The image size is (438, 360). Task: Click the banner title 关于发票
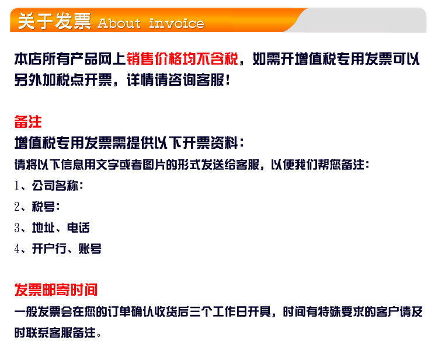coord(54,21)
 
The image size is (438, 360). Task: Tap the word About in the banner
coord(119,23)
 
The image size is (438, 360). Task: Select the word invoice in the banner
coord(176,23)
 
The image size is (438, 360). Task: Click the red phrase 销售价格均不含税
coord(182,59)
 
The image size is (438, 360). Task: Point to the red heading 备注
coord(28,122)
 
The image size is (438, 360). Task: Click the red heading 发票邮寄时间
coord(56,289)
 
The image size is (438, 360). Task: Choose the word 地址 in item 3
coord(43,228)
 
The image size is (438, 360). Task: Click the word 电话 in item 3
coord(78,228)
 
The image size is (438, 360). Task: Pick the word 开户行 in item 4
coord(49,249)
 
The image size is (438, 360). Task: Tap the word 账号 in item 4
coord(90,249)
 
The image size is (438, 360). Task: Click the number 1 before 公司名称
coord(17,186)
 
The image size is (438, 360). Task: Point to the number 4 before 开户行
coord(17,249)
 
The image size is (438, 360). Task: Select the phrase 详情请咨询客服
coord(175,80)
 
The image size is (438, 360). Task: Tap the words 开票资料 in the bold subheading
coord(210,142)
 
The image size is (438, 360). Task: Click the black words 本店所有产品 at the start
coord(49,59)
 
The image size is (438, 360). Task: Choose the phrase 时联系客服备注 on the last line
coord(55,333)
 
